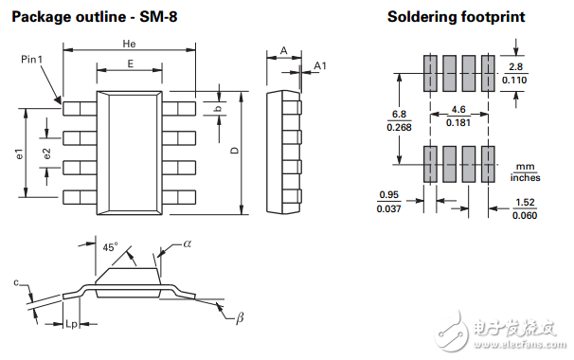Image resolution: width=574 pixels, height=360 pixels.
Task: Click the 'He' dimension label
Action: click(129, 44)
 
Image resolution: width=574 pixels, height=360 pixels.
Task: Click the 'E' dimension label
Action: click(131, 64)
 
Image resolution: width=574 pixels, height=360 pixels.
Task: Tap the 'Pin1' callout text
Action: click(32, 60)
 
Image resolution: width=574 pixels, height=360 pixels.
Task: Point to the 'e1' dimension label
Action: click(19, 153)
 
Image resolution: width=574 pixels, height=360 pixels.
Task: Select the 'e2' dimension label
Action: click(46, 153)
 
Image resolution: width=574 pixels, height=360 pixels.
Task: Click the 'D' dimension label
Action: click(235, 150)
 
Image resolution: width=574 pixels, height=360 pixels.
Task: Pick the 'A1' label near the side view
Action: click(320, 65)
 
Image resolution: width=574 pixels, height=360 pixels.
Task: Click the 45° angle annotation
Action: click(110, 247)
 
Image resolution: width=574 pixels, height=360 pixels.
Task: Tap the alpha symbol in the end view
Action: click(187, 243)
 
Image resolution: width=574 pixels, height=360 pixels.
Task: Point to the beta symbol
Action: click(240, 317)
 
